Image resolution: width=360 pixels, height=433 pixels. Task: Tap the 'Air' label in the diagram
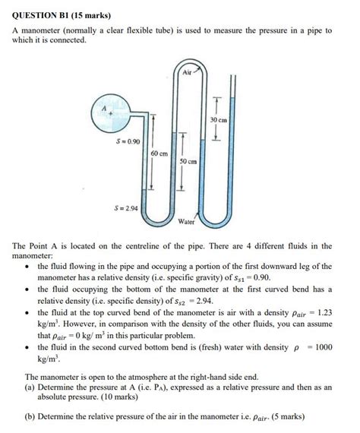point(188,72)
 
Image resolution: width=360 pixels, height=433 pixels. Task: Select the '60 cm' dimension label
point(159,153)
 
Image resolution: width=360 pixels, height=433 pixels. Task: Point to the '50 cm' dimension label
point(188,162)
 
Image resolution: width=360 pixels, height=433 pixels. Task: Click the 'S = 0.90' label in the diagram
point(128,141)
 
